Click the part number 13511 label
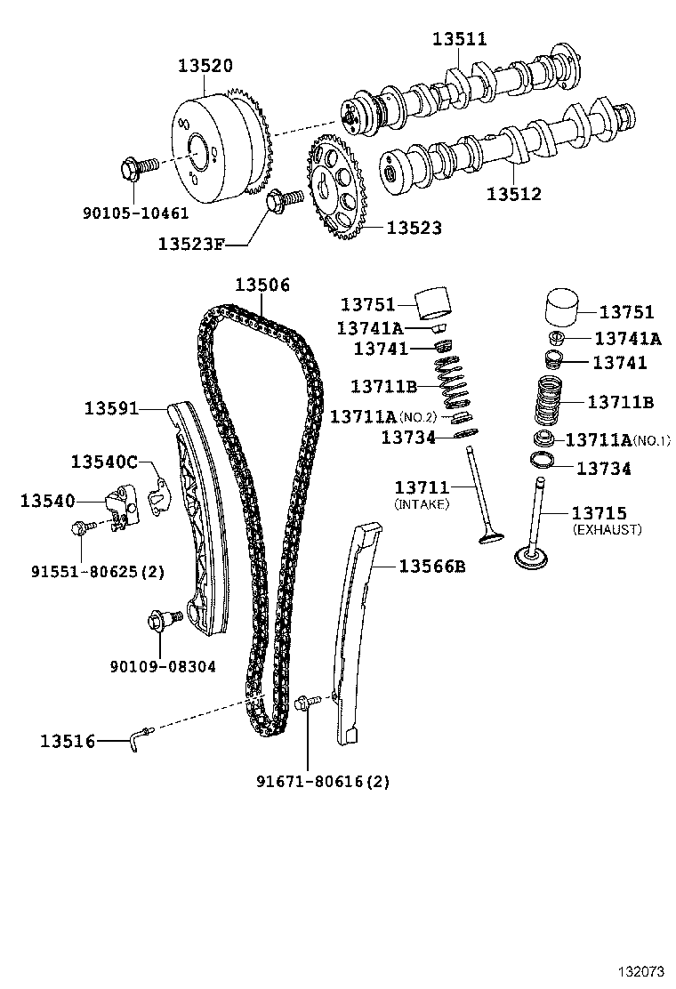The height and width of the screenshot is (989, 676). click(x=460, y=39)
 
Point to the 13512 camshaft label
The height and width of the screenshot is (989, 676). click(x=514, y=193)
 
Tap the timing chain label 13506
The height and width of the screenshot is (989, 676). click(x=262, y=285)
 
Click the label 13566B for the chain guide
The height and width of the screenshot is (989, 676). click(x=431, y=567)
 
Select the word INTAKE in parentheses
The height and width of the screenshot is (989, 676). click(x=422, y=503)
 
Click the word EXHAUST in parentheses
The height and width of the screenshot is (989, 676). click(x=607, y=529)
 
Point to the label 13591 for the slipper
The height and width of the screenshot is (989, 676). click(x=111, y=408)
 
